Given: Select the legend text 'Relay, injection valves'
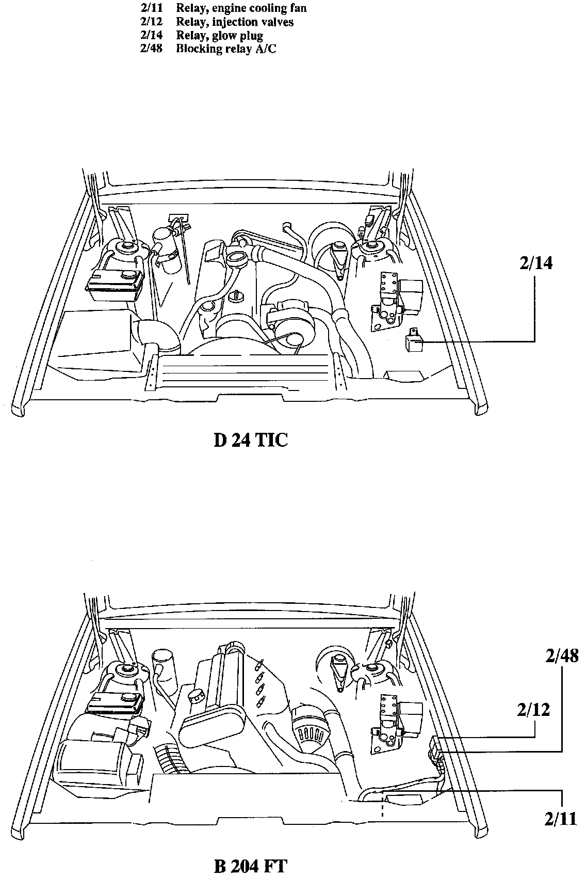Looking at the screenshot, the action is (235, 22).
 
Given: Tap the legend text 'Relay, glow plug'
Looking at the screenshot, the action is (219, 36).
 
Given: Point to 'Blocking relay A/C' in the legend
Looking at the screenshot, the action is (226, 49).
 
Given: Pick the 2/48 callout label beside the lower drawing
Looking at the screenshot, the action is (561, 656).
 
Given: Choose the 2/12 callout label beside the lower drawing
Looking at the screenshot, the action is (533, 710).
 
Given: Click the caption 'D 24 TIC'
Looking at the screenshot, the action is (250, 441).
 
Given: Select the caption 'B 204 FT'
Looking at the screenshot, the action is (250, 866).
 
